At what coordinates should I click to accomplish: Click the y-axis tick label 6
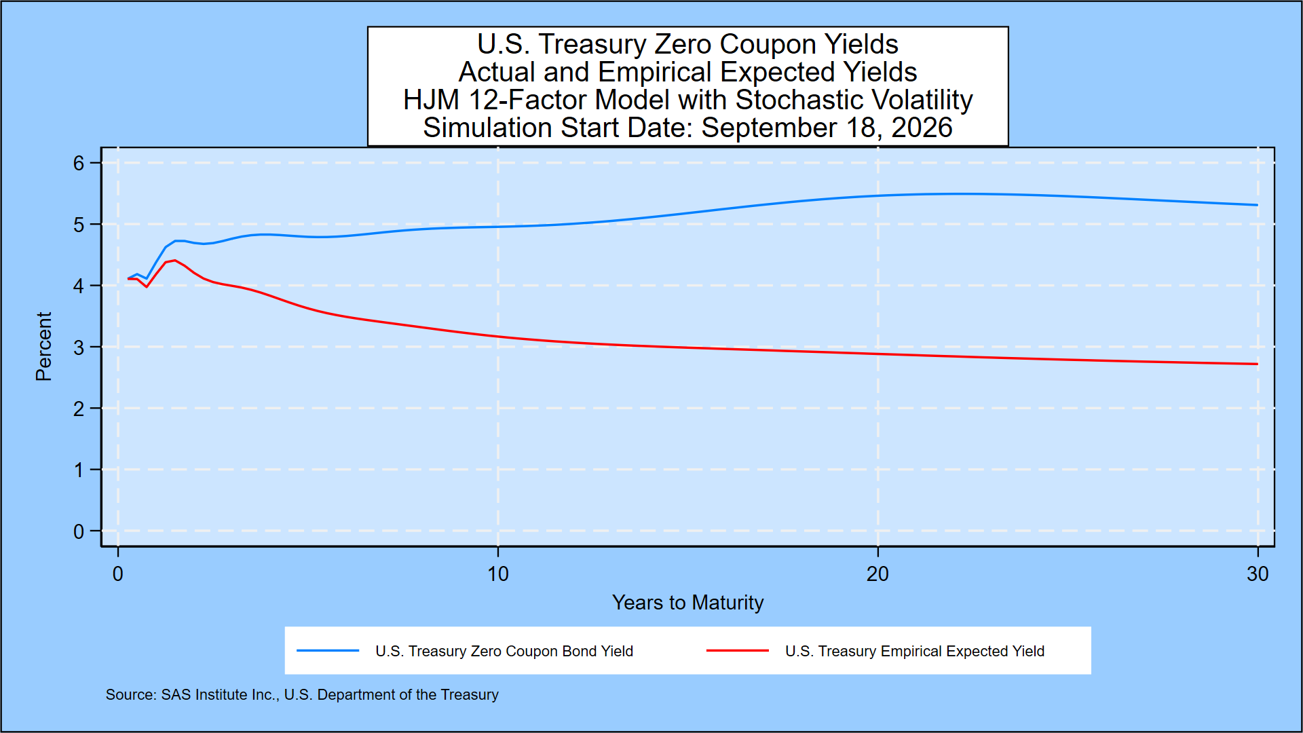(79, 164)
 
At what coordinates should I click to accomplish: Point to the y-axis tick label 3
(79, 347)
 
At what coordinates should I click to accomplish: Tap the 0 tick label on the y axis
(79, 531)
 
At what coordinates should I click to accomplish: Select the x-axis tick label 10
(497, 574)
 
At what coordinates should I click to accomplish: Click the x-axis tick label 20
(877, 574)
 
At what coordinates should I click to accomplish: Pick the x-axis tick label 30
(1258, 574)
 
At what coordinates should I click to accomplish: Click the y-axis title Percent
(43, 346)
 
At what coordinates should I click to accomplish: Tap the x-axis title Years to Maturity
(687, 603)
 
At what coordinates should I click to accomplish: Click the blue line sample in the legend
(328, 651)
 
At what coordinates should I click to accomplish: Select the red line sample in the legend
(738, 651)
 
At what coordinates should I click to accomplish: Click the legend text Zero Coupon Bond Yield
(552, 652)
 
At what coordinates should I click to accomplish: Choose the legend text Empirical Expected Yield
(962, 652)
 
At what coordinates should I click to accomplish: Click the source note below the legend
(302, 695)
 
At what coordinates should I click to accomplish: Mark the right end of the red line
(1258, 364)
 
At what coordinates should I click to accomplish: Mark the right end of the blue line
(1258, 205)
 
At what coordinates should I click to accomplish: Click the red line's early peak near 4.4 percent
(174, 261)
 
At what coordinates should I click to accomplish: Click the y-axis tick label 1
(79, 470)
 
